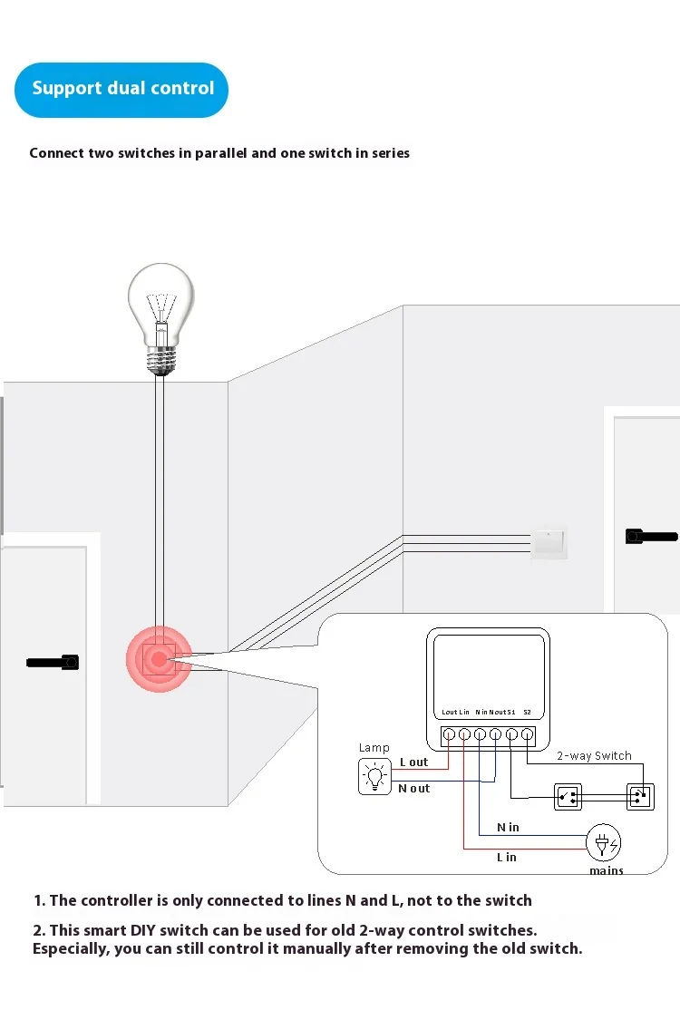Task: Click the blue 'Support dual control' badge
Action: coord(121,89)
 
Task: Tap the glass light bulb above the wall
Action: coord(160,313)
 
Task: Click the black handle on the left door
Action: coord(53,663)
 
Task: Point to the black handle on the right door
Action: coord(651,536)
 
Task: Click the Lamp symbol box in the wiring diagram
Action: coord(373,777)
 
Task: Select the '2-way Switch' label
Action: coord(594,755)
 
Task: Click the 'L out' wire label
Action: coord(413,762)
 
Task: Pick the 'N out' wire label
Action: coord(413,789)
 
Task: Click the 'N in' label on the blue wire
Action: coord(508,827)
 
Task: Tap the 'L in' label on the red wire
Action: coord(506,857)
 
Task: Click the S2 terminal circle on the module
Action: coord(527,734)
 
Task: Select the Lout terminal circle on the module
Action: coord(449,734)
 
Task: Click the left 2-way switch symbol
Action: coord(568,797)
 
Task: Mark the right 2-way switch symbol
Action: coord(639,797)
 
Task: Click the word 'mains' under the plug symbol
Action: coord(607,870)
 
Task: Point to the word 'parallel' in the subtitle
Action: coord(216,153)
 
